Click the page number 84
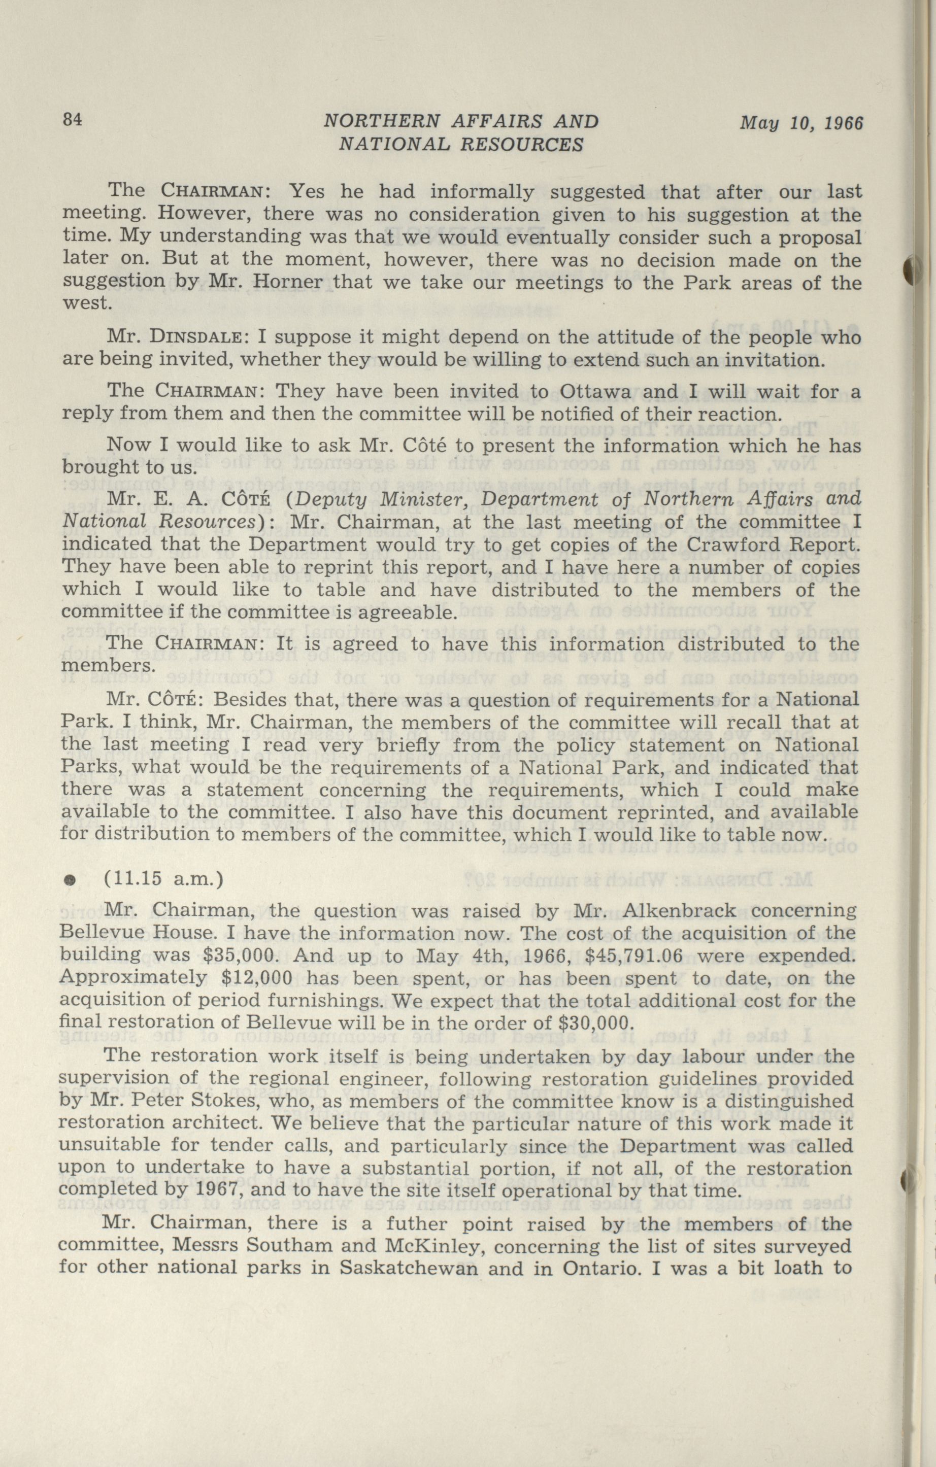pyautogui.click(x=73, y=120)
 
